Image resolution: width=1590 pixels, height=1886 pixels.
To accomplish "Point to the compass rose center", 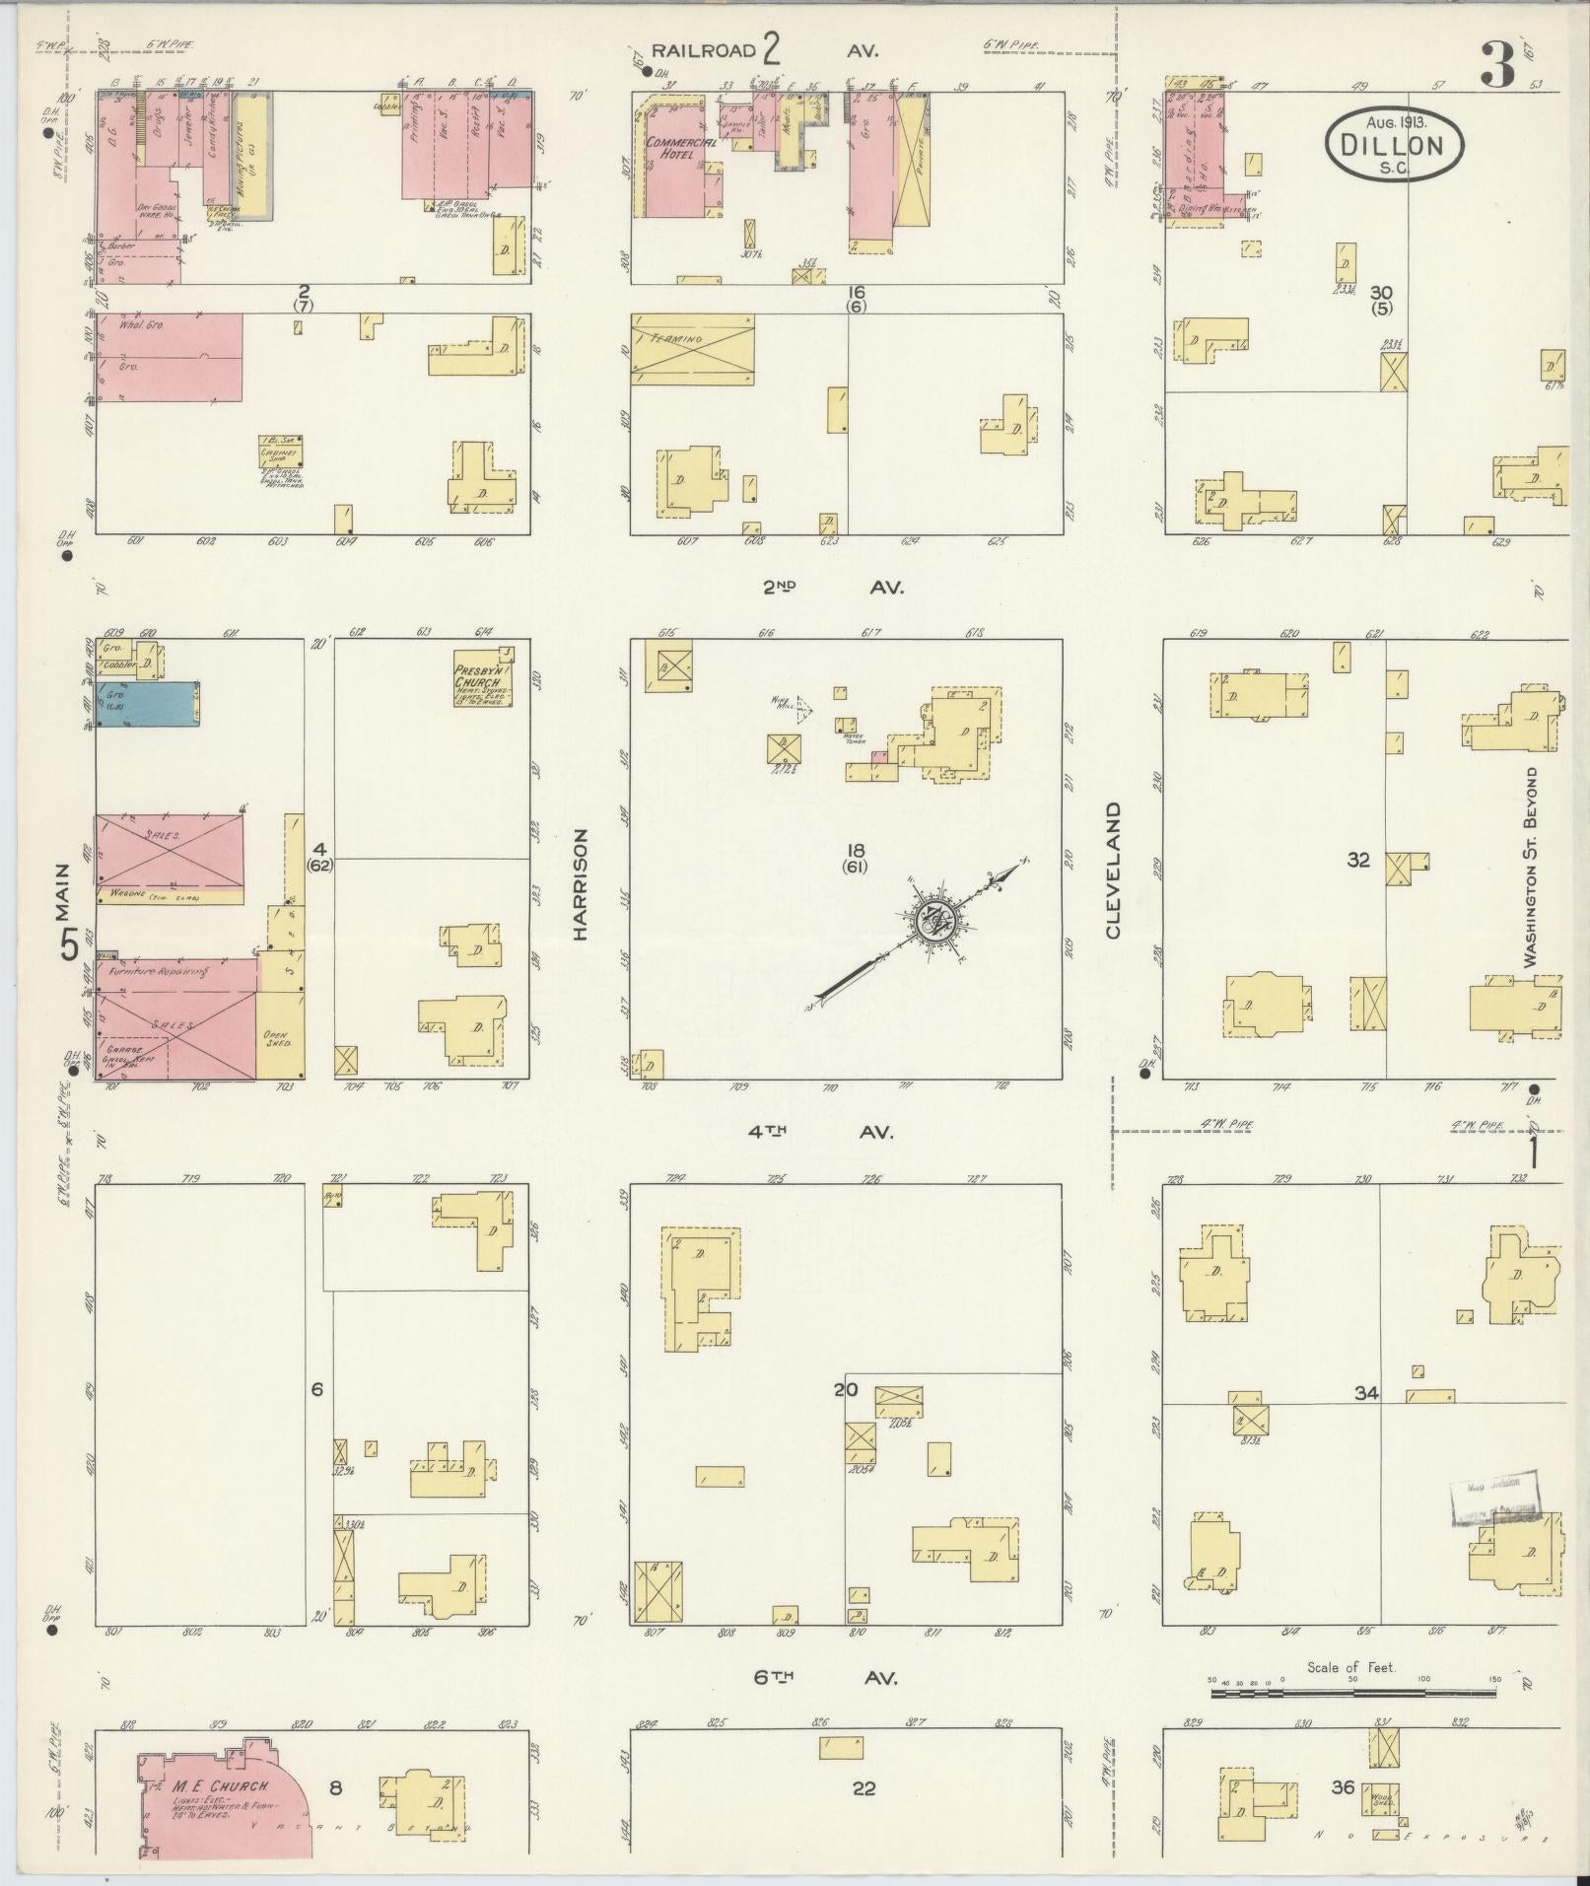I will pos(932,921).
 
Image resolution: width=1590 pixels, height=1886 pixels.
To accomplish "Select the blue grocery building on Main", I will pos(147,705).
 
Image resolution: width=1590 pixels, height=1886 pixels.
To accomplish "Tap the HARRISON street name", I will pos(580,883).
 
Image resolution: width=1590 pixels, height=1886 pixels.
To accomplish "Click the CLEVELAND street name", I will pos(1114,870).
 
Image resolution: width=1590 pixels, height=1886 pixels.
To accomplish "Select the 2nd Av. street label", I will pos(832,587).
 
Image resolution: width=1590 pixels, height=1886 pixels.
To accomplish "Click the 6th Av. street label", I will pos(827,1677).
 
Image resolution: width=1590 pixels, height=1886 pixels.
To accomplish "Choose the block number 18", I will pos(855,849).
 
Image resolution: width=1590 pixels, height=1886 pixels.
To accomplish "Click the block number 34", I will pos(1365,1393).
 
